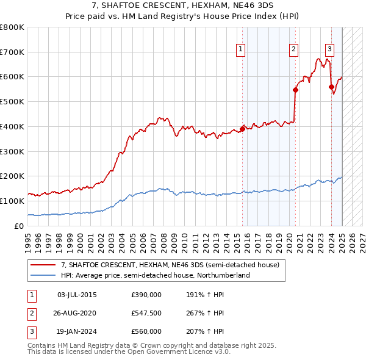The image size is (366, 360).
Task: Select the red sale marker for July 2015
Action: [x=242, y=128]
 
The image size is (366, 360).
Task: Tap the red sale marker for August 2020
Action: [x=295, y=90]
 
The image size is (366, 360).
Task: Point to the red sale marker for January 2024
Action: [x=331, y=87]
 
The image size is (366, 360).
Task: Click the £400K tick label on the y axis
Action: [x=12, y=126]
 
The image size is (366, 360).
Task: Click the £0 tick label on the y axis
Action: [x=20, y=226]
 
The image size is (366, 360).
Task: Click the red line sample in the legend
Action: [x=42, y=265]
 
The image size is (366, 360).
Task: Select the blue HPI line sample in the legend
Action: [x=42, y=275]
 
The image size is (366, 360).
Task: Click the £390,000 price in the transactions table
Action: [x=146, y=295]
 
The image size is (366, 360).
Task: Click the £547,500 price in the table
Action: [x=146, y=313]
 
